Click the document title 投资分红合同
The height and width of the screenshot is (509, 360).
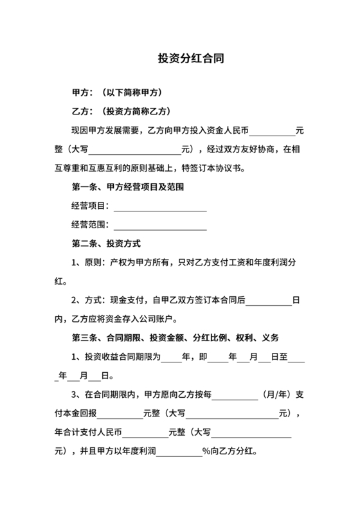(x=191, y=58)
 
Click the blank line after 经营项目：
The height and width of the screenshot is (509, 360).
(x=159, y=207)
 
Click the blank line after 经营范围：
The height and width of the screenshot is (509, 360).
(x=159, y=226)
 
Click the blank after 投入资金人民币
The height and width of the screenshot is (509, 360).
(x=272, y=132)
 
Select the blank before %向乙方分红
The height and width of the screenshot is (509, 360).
(x=179, y=452)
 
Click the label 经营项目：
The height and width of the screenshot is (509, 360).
(x=91, y=207)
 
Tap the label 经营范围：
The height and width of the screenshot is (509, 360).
(x=91, y=226)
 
